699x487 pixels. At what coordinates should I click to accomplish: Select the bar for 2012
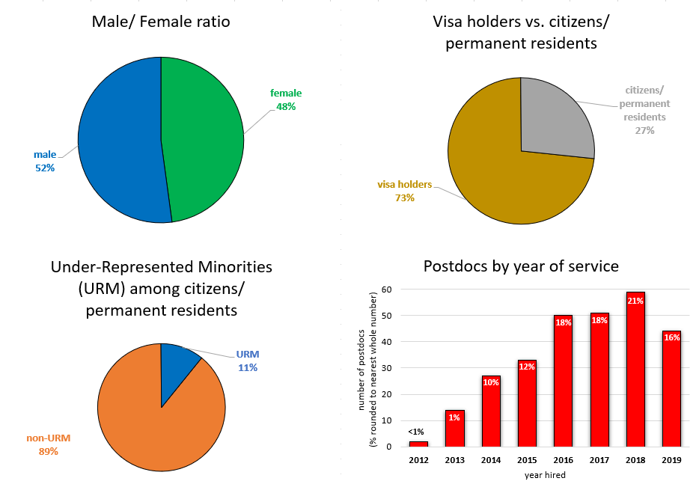[x=418, y=444]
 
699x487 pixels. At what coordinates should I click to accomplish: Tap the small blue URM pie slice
[x=178, y=362]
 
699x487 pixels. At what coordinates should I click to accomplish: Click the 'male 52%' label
[x=44, y=161]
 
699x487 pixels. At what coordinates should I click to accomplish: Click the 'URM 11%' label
[x=248, y=361]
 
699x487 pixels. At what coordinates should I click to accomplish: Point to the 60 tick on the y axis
[x=387, y=289]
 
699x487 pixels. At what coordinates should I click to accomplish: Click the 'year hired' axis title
[x=544, y=474]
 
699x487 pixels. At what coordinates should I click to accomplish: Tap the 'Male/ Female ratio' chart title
[x=161, y=22]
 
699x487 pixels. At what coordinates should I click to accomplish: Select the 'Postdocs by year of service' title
[x=521, y=266]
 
